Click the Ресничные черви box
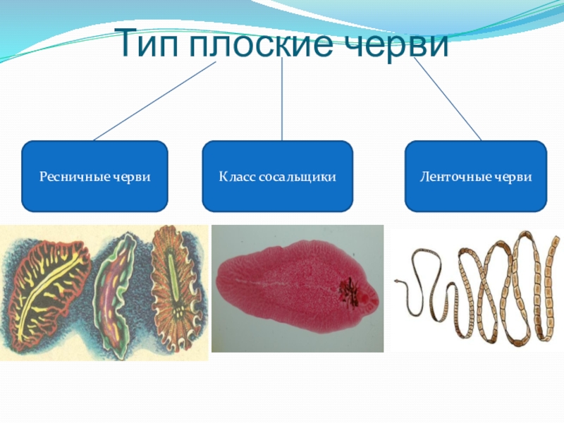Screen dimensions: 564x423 pyautogui.click(x=94, y=176)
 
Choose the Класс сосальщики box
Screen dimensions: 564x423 pyautogui.click(x=277, y=176)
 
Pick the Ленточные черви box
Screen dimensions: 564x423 pyautogui.click(x=475, y=176)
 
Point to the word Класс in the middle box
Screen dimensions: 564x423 pyautogui.click(x=234, y=176)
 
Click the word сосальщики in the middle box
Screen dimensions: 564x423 pyautogui.click(x=294, y=176)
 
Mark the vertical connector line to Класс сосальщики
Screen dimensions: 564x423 pyautogui.click(x=282, y=99)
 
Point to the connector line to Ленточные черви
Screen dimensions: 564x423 pyautogui.click(x=448, y=99)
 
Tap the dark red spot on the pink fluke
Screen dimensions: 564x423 pyautogui.click(x=349, y=291)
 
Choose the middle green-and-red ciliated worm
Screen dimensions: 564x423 pyautogui.click(x=116, y=293)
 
